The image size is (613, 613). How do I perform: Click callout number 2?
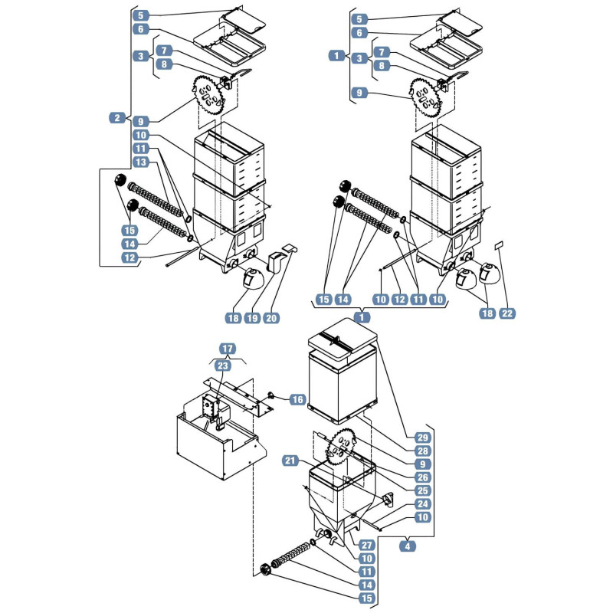click(117, 117)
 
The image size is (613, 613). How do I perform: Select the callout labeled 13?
click(141, 162)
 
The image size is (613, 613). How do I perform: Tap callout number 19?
click(253, 318)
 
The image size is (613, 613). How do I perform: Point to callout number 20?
click(271, 318)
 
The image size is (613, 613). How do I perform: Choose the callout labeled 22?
click(507, 313)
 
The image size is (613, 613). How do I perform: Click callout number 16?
click(298, 399)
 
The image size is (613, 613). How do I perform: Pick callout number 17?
click(228, 349)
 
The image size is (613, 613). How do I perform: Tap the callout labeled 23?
click(222, 366)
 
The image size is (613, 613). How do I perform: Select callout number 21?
click(290, 461)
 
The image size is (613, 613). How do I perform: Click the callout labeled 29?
click(423, 438)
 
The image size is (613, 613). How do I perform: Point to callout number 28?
click(423, 451)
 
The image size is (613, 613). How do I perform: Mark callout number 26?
click(423, 477)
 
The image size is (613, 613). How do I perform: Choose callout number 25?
click(423, 490)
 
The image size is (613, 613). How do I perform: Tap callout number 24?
click(423, 504)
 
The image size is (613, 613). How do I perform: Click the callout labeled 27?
click(366, 545)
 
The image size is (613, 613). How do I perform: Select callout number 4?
click(408, 546)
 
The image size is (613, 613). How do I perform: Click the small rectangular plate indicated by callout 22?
click(499, 245)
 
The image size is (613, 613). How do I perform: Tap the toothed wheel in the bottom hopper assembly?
click(339, 447)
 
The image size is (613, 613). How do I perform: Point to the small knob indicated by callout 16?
click(270, 395)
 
